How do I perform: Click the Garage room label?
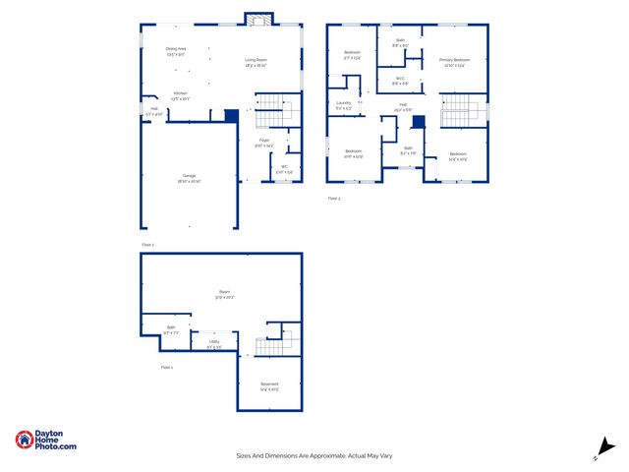click(x=188, y=176)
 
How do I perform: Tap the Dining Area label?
click(x=176, y=48)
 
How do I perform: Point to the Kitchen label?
click(x=180, y=93)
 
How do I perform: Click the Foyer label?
click(x=264, y=141)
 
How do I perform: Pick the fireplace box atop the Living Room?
click(x=259, y=21)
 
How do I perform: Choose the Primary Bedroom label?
click(x=454, y=60)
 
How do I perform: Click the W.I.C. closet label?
click(x=401, y=79)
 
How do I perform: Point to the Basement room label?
click(x=269, y=383)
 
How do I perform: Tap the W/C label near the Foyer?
click(x=284, y=166)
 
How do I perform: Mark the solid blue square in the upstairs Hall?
click(x=417, y=122)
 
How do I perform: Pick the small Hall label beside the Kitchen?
click(x=153, y=110)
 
